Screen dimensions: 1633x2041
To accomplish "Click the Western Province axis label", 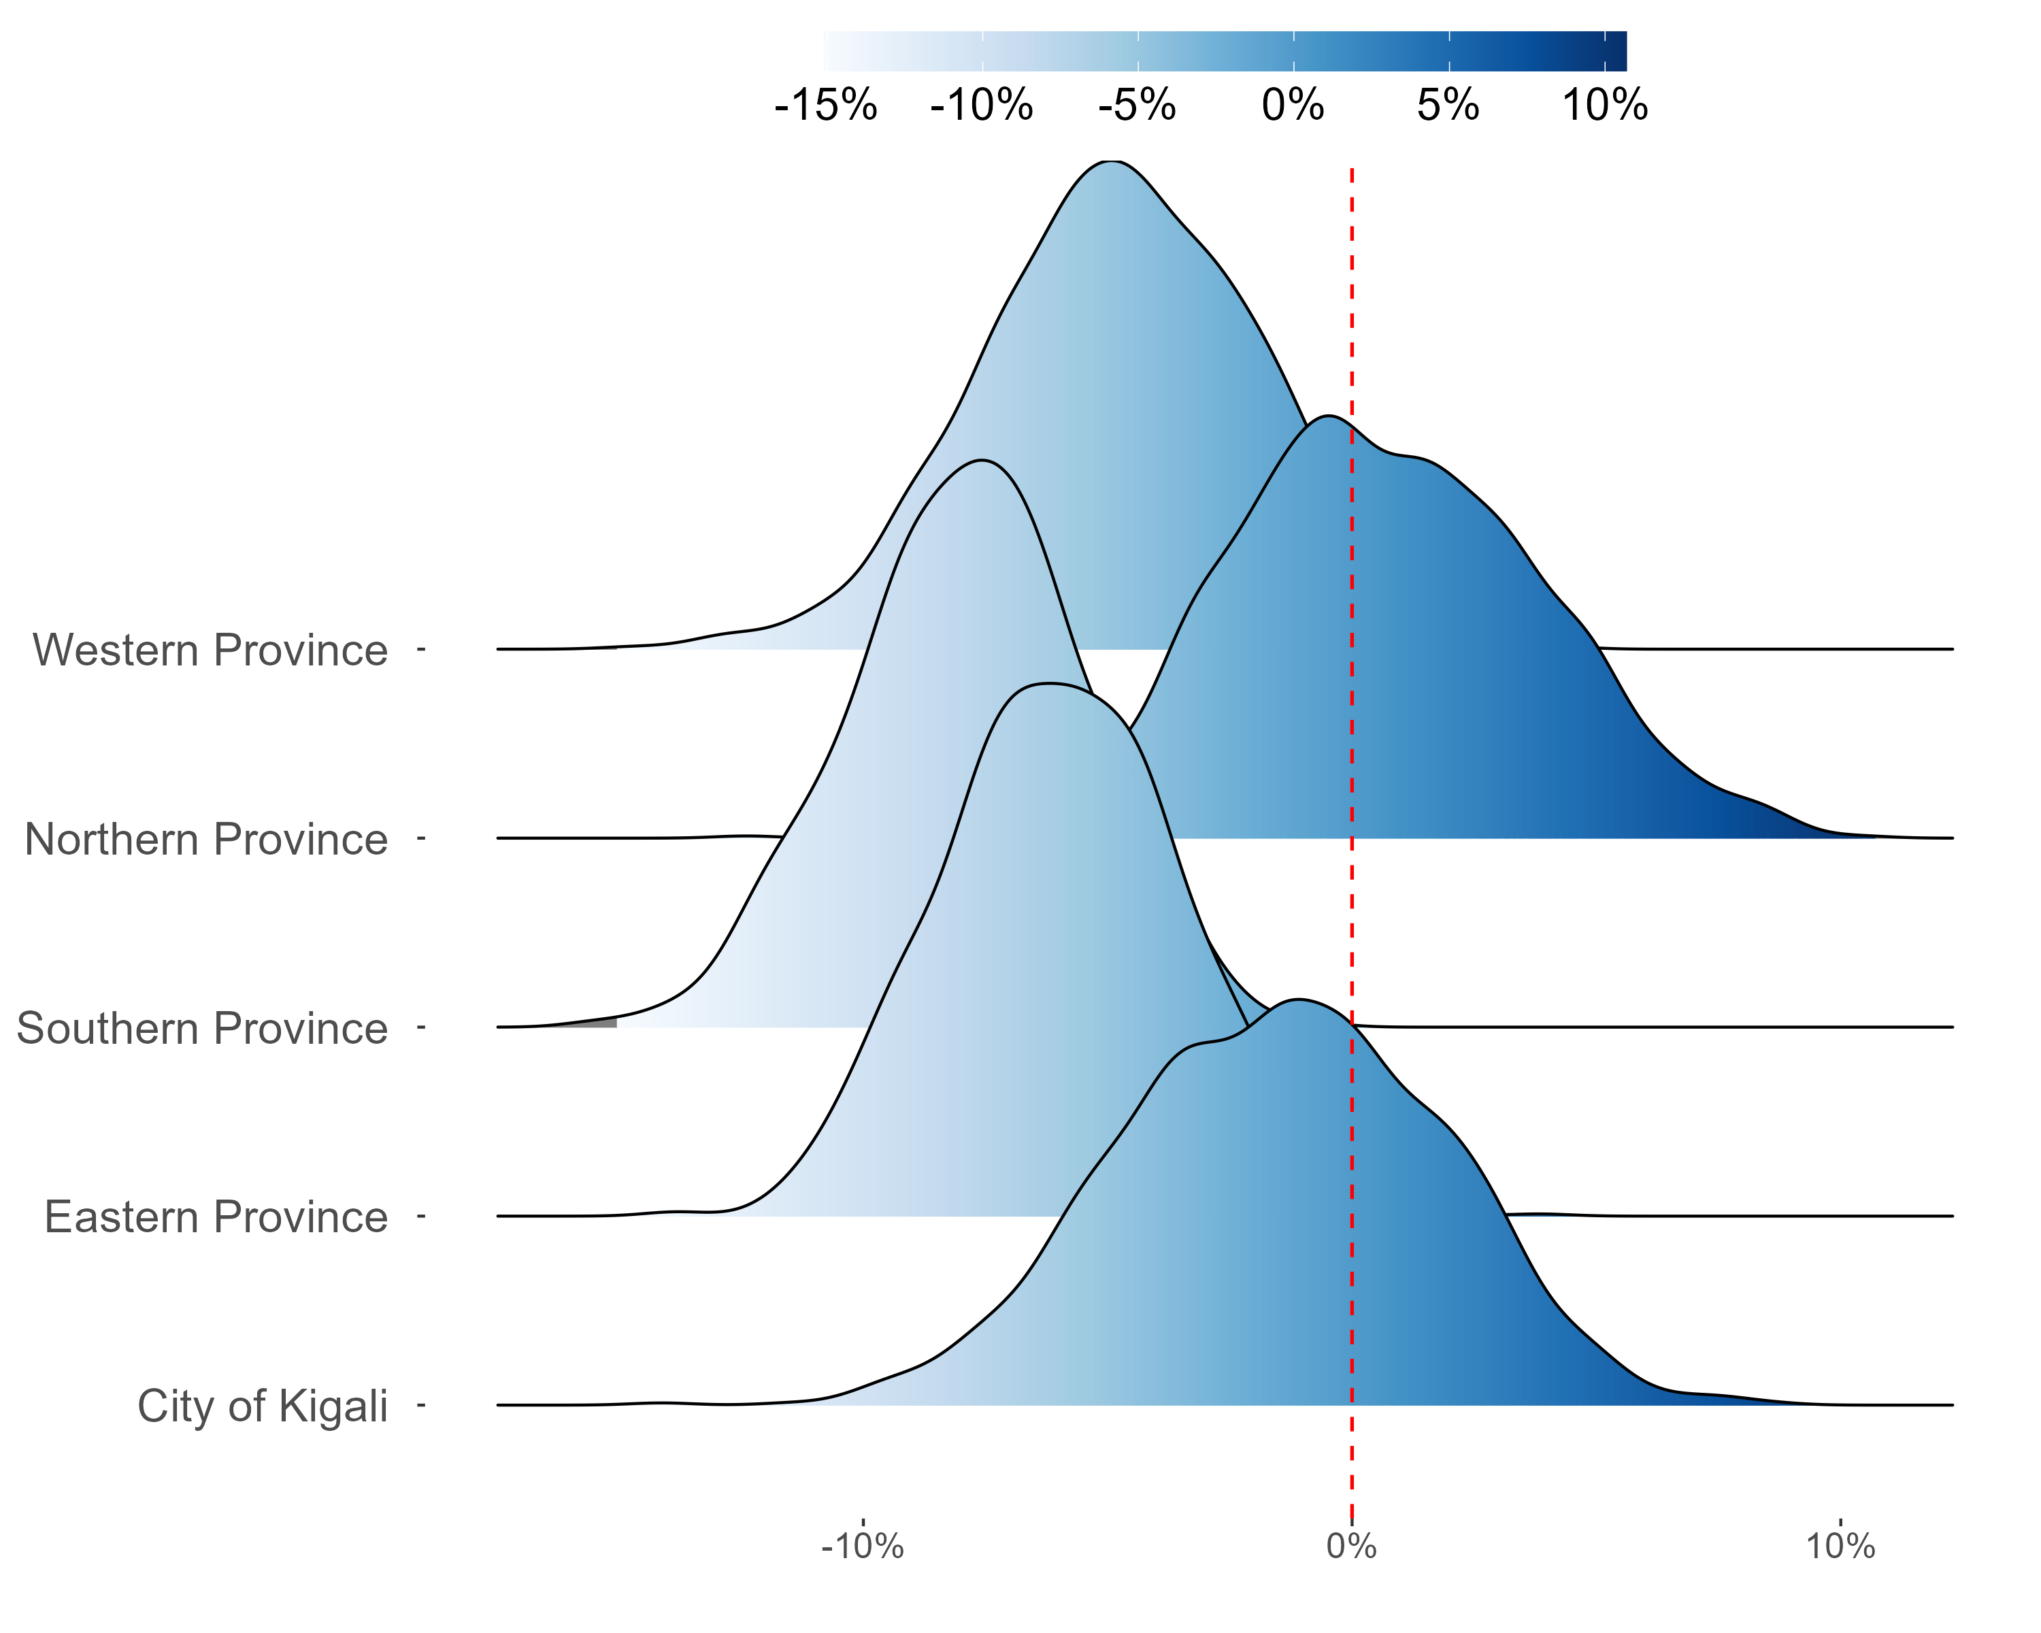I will pos(210,650).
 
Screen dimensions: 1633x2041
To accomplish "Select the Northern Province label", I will pos(205,840).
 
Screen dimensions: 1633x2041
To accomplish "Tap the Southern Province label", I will pos(201,1028).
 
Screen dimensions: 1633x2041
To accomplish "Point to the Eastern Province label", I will pos(216,1217).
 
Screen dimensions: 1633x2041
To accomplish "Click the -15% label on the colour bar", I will pos(825,105).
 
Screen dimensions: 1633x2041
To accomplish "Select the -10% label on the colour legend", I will pos(982,105).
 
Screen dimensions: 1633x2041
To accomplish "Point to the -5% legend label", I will pos(1137,105).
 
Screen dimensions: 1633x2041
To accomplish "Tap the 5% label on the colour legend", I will pos(1448,105).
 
